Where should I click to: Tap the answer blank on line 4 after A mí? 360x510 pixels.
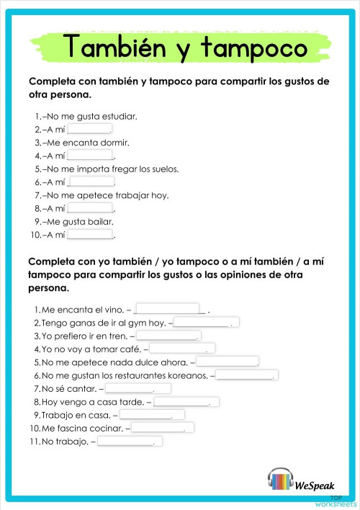pos(90,155)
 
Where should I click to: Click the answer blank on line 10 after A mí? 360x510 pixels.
pos(90,234)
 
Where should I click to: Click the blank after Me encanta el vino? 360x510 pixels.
pos(167,309)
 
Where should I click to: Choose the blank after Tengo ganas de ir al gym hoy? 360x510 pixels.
pos(207,322)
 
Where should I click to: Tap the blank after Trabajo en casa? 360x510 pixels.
pos(152,414)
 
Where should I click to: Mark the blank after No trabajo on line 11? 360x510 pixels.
pos(130,441)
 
